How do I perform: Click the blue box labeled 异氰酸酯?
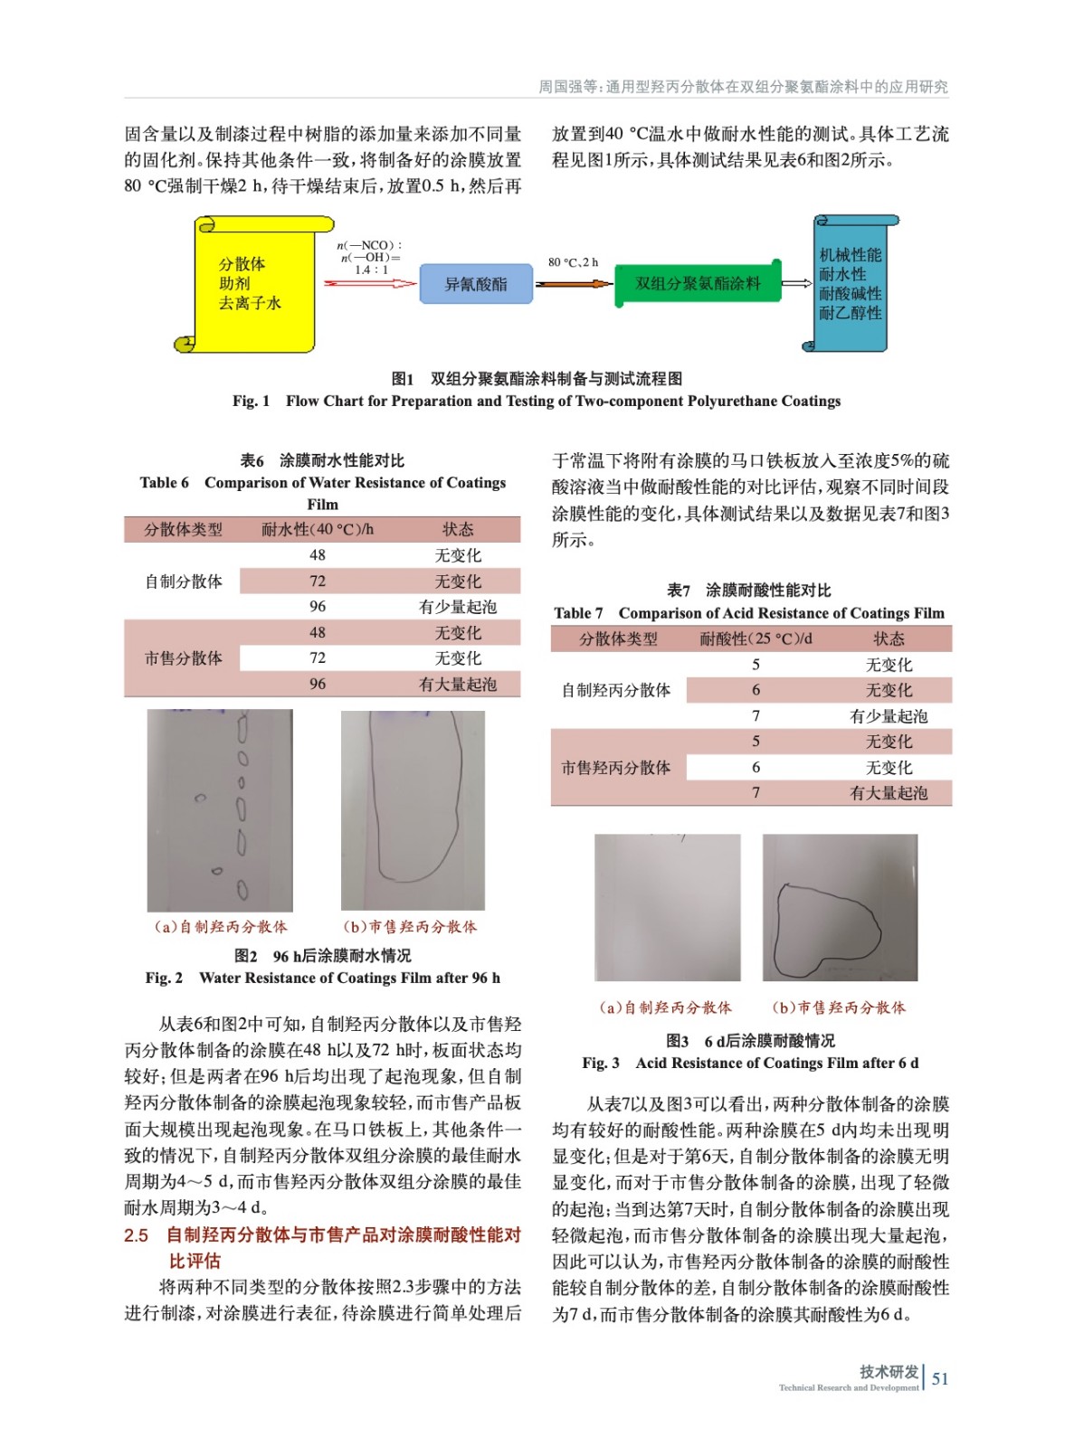click(476, 284)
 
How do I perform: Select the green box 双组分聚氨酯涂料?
click(697, 283)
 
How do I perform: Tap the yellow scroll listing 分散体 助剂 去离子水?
click(253, 284)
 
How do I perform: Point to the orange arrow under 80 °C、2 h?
click(574, 283)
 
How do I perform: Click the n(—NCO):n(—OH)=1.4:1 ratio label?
click(371, 257)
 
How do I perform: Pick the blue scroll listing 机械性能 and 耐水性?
click(849, 284)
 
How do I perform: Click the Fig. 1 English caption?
click(537, 401)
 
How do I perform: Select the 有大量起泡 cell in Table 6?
click(458, 684)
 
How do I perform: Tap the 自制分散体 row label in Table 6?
click(183, 581)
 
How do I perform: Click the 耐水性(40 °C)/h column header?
click(317, 529)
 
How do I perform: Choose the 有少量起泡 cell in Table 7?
click(889, 715)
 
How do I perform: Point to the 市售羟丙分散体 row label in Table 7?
click(616, 767)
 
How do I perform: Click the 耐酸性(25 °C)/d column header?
click(756, 638)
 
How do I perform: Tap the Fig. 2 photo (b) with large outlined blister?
click(413, 809)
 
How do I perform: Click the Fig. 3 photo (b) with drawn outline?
click(840, 907)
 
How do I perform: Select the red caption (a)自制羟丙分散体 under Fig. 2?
click(221, 926)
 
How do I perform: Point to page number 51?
click(940, 1378)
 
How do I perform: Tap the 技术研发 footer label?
click(889, 1371)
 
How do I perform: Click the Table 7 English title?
click(749, 612)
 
